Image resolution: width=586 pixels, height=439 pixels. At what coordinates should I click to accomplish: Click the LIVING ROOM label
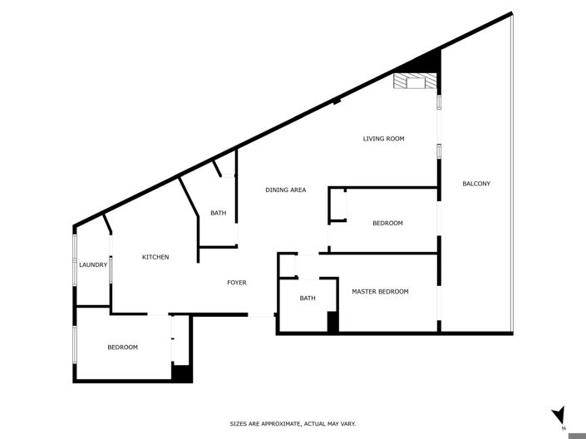click(383, 139)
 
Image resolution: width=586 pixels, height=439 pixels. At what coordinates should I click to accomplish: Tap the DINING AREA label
click(285, 190)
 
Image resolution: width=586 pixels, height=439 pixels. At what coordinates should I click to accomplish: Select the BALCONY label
click(476, 184)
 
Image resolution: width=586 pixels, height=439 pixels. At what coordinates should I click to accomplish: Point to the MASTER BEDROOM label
click(380, 292)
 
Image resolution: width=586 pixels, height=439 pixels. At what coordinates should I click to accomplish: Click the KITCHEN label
click(155, 257)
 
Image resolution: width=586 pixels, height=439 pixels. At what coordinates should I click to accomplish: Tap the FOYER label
click(237, 283)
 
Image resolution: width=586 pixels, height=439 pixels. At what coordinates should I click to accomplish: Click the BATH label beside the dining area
click(218, 214)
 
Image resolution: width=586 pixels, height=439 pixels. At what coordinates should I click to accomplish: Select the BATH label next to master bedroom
click(308, 298)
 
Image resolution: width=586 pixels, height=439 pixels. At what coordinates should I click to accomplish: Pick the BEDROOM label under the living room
click(387, 223)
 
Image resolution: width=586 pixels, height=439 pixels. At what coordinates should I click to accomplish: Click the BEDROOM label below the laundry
click(122, 348)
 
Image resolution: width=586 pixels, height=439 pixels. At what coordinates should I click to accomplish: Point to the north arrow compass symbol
click(559, 414)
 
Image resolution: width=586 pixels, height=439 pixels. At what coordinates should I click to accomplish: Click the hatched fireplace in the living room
click(414, 81)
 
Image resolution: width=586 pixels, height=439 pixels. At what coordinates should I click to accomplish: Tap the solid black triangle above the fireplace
click(425, 62)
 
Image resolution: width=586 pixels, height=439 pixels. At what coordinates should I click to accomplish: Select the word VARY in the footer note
click(347, 424)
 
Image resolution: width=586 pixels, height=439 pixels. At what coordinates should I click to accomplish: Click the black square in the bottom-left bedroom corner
click(182, 373)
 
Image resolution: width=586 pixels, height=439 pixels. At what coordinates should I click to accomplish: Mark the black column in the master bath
click(332, 323)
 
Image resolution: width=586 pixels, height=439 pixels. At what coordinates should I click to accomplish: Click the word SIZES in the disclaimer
click(238, 424)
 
